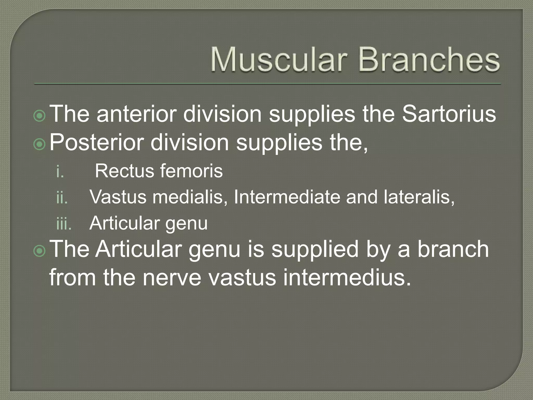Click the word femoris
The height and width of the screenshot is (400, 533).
pyautogui.click(x=191, y=171)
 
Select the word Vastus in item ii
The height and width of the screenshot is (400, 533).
pyautogui.click(x=118, y=197)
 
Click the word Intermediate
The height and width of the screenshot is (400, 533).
pyautogui.click(x=287, y=197)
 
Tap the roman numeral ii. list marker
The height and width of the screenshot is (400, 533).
pyautogui.click(x=62, y=197)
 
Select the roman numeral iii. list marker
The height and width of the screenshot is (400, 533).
pyautogui.click(x=64, y=223)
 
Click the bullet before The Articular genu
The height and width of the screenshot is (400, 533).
pyautogui.click(x=40, y=251)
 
